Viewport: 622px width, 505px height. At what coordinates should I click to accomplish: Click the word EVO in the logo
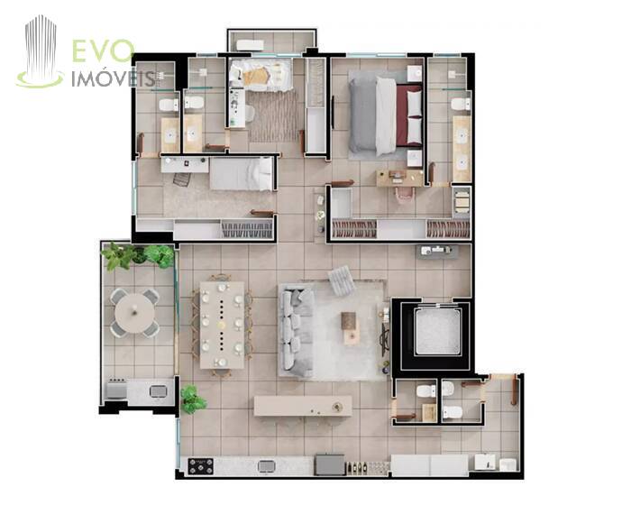[x=103, y=50]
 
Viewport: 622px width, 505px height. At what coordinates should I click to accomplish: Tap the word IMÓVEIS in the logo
[x=114, y=79]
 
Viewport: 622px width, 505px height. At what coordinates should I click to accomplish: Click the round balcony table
[x=134, y=313]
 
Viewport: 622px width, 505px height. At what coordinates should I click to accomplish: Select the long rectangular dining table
[x=222, y=325]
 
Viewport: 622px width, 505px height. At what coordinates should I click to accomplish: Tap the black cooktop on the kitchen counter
[x=200, y=466]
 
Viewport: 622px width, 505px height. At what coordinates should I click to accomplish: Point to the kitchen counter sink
[x=266, y=466]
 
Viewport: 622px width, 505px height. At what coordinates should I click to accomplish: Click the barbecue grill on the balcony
[x=116, y=389]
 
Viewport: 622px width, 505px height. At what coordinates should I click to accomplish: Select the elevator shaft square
[x=438, y=332]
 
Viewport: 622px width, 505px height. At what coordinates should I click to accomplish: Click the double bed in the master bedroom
[x=385, y=116]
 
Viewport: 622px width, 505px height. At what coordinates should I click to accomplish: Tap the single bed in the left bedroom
[x=242, y=174]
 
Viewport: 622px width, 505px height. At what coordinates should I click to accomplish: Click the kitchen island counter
[x=303, y=406]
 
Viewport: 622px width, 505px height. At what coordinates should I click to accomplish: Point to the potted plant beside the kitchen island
[x=193, y=399]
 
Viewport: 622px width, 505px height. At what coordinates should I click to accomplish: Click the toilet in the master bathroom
[x=461, y=105]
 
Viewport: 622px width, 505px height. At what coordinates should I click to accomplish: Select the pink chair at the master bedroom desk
[x=404, y=195]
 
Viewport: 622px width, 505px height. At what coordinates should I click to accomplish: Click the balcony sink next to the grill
[x=158, y=391]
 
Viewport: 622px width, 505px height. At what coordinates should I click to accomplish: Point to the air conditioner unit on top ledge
[x=251, y=45]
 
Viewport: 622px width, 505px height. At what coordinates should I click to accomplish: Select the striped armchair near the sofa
[x=342, y=280]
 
